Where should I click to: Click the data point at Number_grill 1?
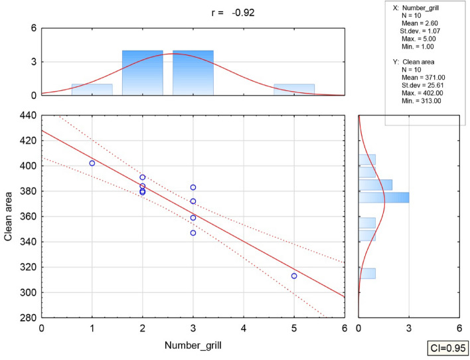tap(92, 163)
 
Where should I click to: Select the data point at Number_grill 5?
tap(294, 276)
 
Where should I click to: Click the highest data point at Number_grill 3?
tap(193, 187)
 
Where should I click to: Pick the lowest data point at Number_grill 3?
tap(193, 232)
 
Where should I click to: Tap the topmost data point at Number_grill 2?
tap(143, 177)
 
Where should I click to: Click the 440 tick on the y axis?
tap(27, 115)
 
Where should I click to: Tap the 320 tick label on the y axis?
tap(27, 267)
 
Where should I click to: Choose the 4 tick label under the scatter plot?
tap(244, 327)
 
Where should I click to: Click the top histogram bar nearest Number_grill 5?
tap(294, 90)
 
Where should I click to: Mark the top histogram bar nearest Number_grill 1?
tap(92, 90)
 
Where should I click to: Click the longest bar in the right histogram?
tap(384, 197)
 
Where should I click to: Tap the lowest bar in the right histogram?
tap(367, 273)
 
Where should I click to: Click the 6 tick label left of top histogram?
tap(32, 28)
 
